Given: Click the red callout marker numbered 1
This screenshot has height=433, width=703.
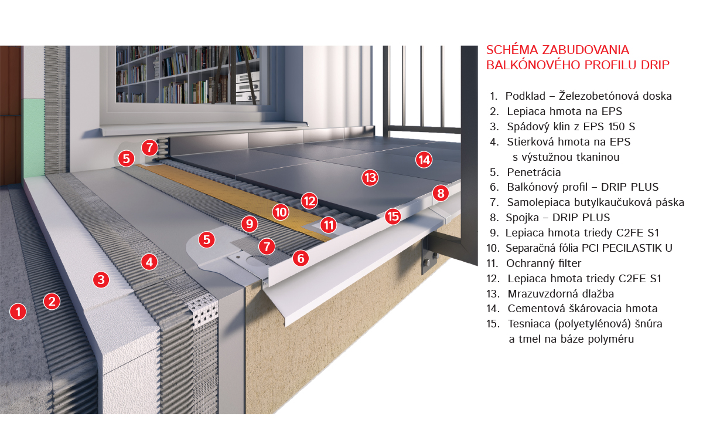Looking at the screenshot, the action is [18, 312].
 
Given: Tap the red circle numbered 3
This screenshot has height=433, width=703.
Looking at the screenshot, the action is [101, 279].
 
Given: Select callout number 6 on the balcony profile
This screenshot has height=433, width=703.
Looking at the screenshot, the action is [301, 258].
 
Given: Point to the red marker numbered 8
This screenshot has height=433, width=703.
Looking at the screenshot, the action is [441, 193].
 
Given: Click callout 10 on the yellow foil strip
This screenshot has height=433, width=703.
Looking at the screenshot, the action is [281, 212].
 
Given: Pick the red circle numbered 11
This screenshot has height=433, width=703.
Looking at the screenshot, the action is [329, 225].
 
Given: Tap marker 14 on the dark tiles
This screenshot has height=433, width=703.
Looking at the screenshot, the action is [424, 160].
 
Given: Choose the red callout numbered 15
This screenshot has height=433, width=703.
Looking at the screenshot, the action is [393, 216].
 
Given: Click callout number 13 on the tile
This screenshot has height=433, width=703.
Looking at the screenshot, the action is [370, 178].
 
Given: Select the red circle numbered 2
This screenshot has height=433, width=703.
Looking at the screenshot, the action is [52, 302].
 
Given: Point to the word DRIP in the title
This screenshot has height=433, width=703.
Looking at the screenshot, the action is [656, 65].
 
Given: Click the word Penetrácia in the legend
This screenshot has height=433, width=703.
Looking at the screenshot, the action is [534, 172].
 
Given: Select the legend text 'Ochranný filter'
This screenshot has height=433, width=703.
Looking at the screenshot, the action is [544, 263].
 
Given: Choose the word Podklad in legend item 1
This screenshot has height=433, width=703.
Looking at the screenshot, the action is [525, 96].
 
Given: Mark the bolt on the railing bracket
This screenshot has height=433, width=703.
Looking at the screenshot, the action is [427, 262].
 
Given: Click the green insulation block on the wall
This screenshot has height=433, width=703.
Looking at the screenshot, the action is [32, 137].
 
